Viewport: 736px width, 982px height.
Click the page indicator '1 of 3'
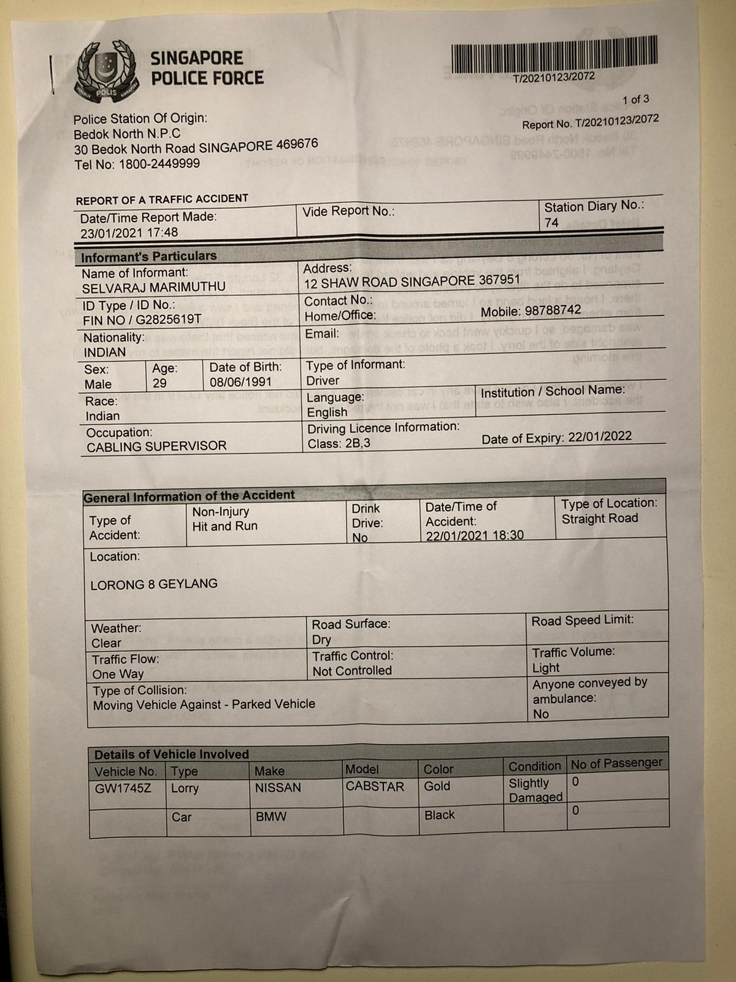click(635, 99)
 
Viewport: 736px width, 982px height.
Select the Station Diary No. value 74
click(551, 223)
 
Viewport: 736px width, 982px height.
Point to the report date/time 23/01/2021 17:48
click(129, 233)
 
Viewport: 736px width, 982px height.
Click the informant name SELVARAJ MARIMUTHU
click(153, 287)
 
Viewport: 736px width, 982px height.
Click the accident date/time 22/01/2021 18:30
click(475, 535)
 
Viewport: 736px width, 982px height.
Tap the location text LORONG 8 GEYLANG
click(154, 584)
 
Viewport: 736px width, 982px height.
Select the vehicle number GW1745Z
click(123, 788)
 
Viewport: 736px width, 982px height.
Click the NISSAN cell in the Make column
click(278, 787)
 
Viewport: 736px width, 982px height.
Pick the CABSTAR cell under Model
click(375, 786)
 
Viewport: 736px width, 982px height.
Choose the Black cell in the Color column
click(439, 815)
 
